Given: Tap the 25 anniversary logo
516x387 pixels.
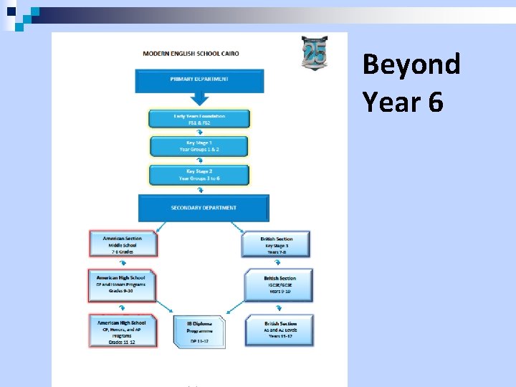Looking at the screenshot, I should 314,54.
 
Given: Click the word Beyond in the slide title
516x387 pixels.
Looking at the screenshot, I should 411,64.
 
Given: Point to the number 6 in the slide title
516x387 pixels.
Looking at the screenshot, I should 435,102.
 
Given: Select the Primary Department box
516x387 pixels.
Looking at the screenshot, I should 199,80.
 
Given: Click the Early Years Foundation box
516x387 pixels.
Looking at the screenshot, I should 199,118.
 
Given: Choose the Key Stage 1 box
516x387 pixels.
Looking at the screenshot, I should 199,146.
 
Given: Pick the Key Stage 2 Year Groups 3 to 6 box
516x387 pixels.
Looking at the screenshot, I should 199,175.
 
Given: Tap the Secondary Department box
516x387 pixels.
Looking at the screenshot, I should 204,208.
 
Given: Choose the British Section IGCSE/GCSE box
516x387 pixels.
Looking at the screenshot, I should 279,285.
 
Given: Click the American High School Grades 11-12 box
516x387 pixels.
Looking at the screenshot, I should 122,332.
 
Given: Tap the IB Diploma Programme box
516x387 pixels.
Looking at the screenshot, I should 199,332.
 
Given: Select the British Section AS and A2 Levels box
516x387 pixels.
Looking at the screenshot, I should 279,330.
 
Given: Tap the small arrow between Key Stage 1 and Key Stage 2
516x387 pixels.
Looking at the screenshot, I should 199,161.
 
